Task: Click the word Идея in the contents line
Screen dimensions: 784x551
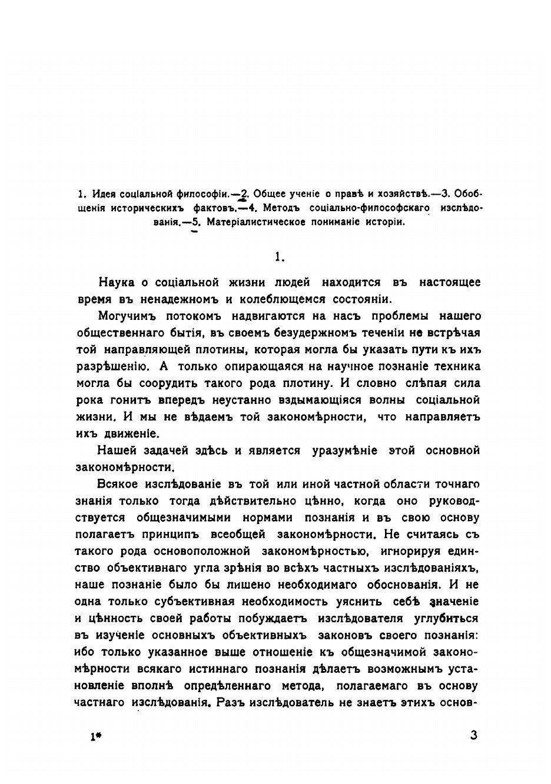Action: click(102, 194)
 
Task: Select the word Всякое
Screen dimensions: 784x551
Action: click(116, 485)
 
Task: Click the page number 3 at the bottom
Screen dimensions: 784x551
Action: click(474, 735)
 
